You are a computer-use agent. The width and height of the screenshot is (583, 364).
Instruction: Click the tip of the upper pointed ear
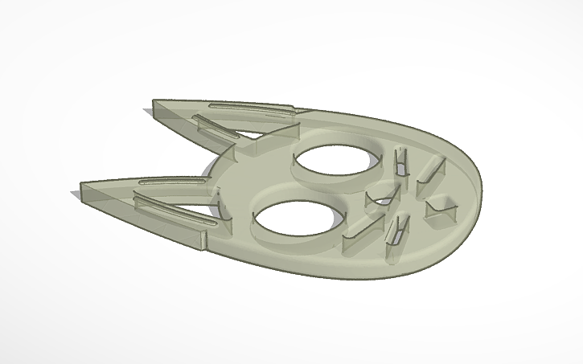pyautogui.click(x=155, y=103)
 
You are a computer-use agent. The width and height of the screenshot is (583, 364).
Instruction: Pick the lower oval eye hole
pyautogui.click(x=293, y=219)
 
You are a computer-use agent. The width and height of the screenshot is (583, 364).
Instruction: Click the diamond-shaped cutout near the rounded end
pyautogui.click(x=440, y=205)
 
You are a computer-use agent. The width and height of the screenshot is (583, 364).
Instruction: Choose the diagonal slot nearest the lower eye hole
pyautogui.click(x=357, y=235)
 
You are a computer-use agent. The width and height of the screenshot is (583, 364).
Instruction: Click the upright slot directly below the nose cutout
pyautogui.click(x=395, y=230)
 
